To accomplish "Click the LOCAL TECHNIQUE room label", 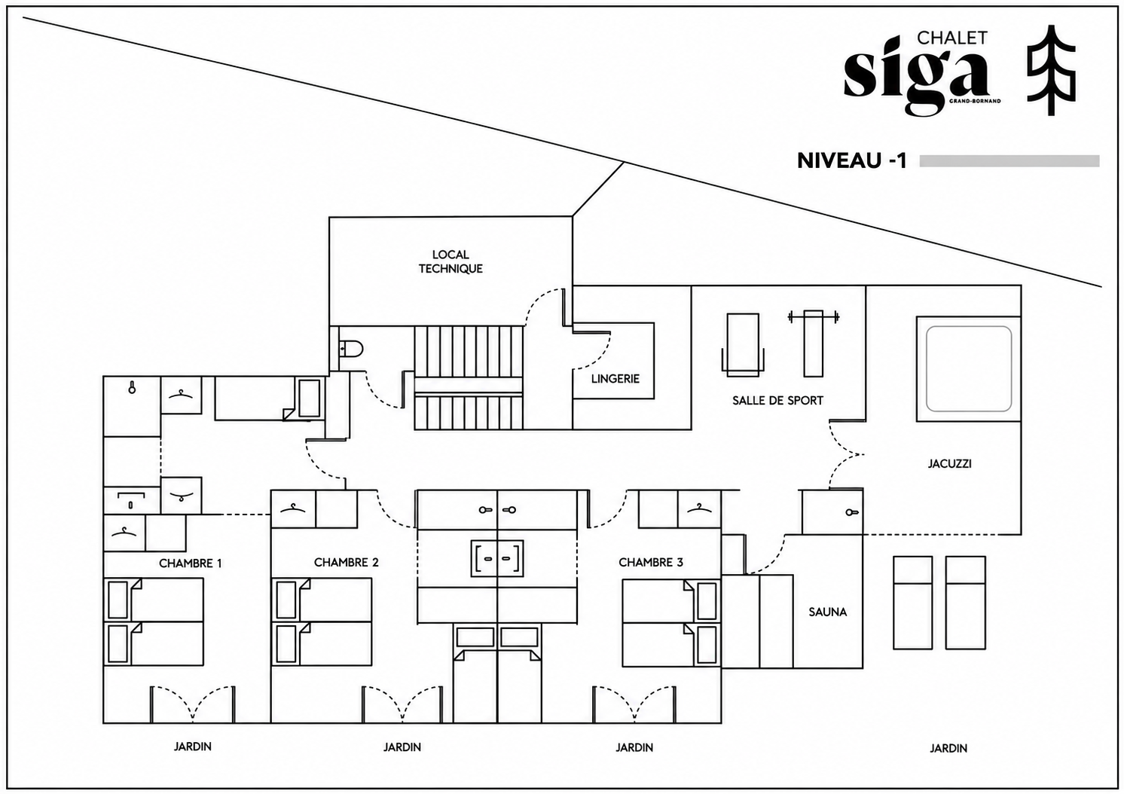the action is coord(451,261).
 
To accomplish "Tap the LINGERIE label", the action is coord(615,379).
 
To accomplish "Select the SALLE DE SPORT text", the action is coord(777,401).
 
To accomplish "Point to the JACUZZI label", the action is coord(949,464).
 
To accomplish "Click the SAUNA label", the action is coord(827,612).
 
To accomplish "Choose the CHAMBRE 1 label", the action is coord(190,563).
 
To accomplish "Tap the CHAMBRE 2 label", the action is coord(347,562).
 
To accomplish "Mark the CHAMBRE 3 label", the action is coord(651,562).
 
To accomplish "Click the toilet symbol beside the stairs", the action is coord(351,348).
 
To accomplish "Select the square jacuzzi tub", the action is coord(969,369).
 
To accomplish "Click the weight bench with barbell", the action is coord(814,343).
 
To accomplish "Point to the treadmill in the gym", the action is coord(743,345).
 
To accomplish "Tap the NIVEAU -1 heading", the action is coord(851,160).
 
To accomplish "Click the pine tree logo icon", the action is coord(1051,70).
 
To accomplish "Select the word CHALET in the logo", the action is coord(952,38).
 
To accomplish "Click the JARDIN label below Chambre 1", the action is coord(193,747).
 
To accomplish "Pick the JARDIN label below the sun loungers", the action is coord(948,748).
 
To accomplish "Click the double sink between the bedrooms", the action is coord(497,558).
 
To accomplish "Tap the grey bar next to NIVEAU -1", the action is coord(1009,160).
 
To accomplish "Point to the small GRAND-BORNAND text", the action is coord(975,101).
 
